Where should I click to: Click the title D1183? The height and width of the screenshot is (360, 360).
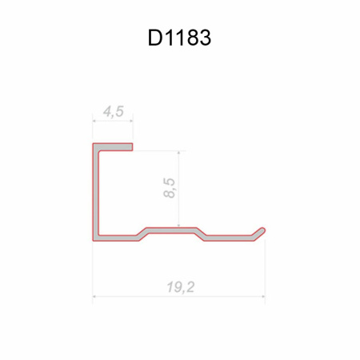pyautogui.click(x=179, y=38)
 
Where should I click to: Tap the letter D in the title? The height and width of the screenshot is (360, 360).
pyautogui.click(x=154, y=38)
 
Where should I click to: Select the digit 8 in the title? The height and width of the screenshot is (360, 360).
pyautogui.click(x=191, y=38)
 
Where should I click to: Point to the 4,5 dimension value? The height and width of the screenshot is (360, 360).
pyautogui.click(x=114, y=111)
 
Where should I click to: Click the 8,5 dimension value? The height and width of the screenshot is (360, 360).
pyautogui.click(x=170, y=188)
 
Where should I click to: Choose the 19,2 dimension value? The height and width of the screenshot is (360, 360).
pyautogui.click(x=181, y=287)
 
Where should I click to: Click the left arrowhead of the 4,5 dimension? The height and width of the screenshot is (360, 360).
pyautogui.click(x=94, y=121)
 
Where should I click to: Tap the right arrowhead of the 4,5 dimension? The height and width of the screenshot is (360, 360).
pyautogui.click(x=131, y=121)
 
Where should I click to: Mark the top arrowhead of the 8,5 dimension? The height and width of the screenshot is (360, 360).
pyautogui.click(x=178, y=153)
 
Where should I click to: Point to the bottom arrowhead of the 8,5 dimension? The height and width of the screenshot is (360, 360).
pyautogui.click(x=178, y=226)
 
